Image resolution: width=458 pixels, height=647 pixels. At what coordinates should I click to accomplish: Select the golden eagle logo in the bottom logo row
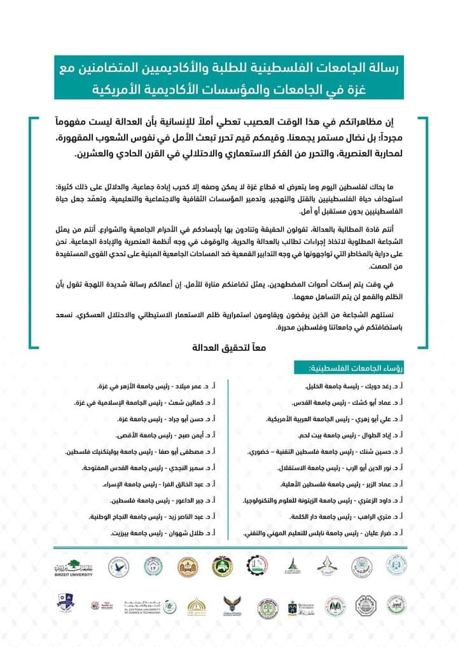tap(232, 606)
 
